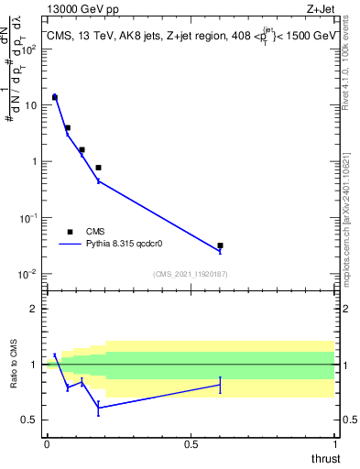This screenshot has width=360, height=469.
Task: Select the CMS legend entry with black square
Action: [x=69, y=232]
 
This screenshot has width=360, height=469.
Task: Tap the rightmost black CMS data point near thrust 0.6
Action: [x=220, y=245]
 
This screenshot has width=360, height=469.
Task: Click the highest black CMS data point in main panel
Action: [x=54, y=96]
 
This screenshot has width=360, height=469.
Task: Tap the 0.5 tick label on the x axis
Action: [x=191, y=444]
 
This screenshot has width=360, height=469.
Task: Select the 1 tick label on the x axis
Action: [x=335, y=444]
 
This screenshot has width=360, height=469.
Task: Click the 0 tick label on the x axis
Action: [x=47, y=444]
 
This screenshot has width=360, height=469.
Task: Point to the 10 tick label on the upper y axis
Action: [x=29, y=105]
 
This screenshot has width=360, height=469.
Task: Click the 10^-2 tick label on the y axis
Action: [x=27, y=274]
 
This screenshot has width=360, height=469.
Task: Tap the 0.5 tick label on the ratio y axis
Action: [x=31, y=420]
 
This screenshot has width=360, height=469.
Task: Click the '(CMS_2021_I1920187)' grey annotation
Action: [x=190, y=273]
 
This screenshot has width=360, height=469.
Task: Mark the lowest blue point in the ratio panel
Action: [x=98, y=409]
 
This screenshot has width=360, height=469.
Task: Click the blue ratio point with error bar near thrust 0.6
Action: [x=220, y=386]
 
